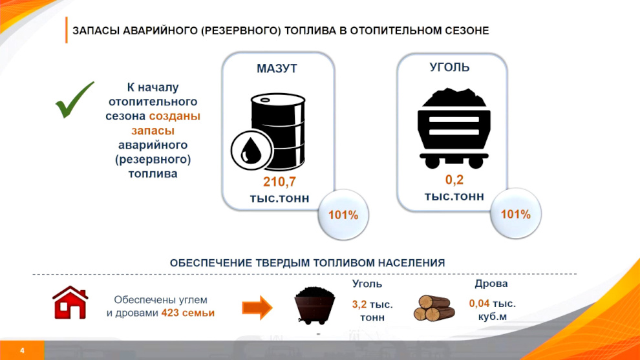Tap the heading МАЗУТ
pyautogui.click(x=277, y=69)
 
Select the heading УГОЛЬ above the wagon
pyautogui.click(x=449, y=67)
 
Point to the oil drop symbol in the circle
pyautogui.click(x=251, y=150)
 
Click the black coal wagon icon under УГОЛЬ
pyautogui.click(x=453, y=128)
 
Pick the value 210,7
pyautogui.click(x=279, y=182)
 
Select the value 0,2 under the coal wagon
pyautogui.click(x=454, y=180)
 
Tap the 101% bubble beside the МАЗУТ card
pyautogui.click(x=343, y=215)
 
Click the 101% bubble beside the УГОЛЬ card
pyautogui.click(x=515, y=213)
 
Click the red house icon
pyautogui.click(x=70, y=302)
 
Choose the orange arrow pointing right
pyautogui.click(x=257, y=308)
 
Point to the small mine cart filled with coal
pyautogui.click(x=314, y=306)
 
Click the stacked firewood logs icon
pyautogui.click(x=434, y=308)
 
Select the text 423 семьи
pyautogui.click(x=187, y=313)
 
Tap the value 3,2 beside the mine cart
pyautogui.click(x=359, y=304)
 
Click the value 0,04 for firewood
pyautogui.click(x=479, y=304)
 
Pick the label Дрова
pyautogui.click(x=491, y=284)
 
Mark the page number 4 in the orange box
pyautogui.click(x=22, y=350)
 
